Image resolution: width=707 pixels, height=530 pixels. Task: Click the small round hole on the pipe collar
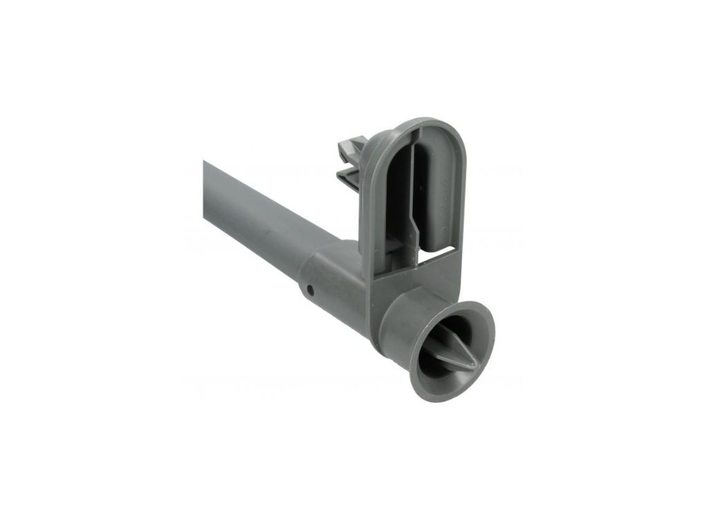(311, 290)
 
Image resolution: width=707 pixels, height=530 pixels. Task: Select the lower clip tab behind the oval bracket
(349, 177)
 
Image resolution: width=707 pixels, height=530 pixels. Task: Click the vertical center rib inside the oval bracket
(413, 186)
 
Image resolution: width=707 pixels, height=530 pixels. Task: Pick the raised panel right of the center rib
(436, 186)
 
